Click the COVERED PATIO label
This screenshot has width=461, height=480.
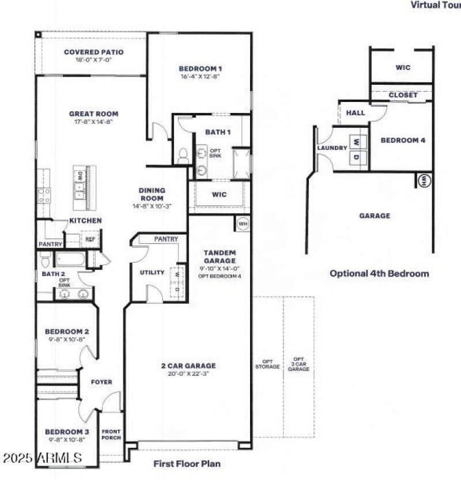93,52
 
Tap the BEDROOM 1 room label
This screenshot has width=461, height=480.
200,69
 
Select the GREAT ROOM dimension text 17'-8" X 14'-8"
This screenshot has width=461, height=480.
93,122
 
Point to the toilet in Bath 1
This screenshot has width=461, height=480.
183,154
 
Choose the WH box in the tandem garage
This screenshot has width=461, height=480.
243,223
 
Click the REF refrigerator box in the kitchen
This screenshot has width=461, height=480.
90,240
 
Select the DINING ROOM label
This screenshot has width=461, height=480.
152,194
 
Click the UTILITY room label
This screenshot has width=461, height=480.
152,273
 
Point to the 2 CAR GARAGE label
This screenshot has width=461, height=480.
188,365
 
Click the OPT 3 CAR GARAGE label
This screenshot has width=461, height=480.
298,364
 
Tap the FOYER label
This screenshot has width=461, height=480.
101,382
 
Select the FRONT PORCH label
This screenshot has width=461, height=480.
111,434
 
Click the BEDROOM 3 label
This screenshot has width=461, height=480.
67,432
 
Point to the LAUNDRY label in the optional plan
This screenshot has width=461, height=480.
332,148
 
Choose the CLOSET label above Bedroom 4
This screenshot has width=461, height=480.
403,95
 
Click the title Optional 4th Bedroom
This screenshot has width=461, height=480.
379,273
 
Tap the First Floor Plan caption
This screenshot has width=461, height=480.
186,463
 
